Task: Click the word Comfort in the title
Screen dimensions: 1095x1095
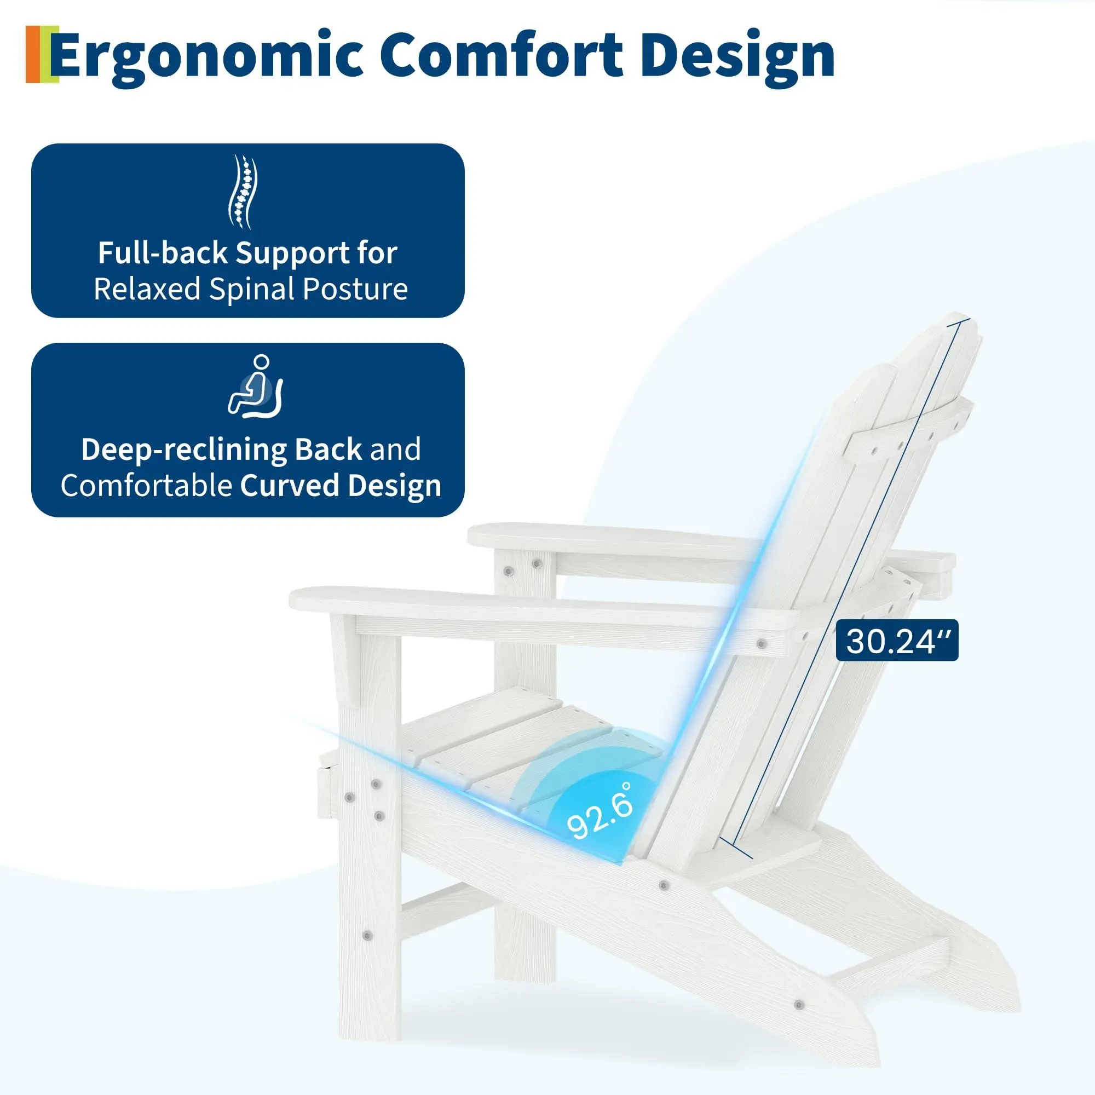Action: [502, 55]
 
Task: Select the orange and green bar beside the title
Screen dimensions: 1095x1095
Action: [42, 54]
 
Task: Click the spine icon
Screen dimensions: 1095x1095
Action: [243, 192]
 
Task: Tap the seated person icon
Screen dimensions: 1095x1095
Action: [256, 387]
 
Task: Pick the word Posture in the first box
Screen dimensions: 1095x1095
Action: [355, 289]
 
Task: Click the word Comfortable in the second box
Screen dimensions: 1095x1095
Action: [146, 486]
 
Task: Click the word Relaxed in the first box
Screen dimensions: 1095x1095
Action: [147, 289]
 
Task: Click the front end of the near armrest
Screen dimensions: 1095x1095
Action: [295, 598]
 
